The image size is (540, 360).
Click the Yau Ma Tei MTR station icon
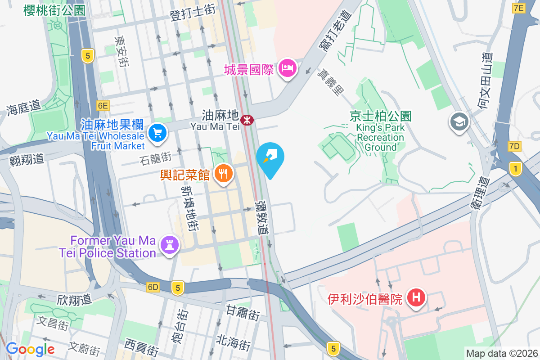(x=247, y=120)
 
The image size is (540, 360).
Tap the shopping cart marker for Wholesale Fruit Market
(x=157, y=133)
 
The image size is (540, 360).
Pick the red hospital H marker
(x=417, y=297)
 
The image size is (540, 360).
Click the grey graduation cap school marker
(x=459, y=121)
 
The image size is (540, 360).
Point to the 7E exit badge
(x=519, y=8)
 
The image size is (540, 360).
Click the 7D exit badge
(x=514, y=146)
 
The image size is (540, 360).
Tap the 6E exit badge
(x=103, y=106)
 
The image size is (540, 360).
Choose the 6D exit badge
(x=153, y=287)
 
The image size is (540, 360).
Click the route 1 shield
(x=516, y=169)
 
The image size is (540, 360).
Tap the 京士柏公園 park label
(x=380, y=116)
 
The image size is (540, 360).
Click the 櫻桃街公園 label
(x=54, y=10)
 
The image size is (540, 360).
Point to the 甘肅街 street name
(x=243, y=312)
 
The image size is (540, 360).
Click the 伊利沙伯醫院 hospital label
(x=365, y=299)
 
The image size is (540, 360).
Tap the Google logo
(x=30, y=349)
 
